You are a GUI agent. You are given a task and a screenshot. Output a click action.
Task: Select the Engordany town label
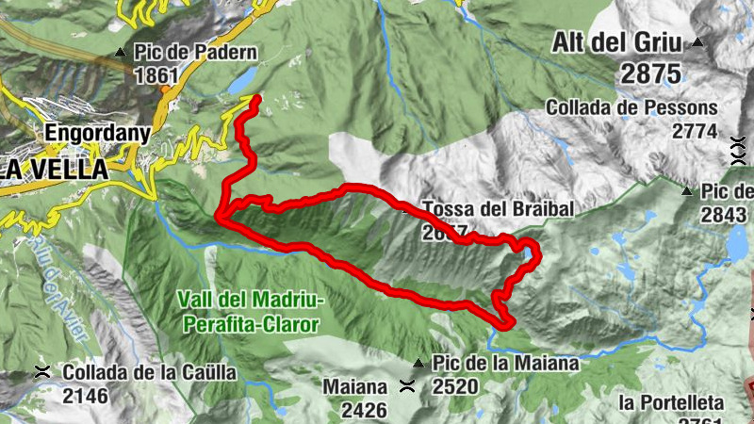point(97,133)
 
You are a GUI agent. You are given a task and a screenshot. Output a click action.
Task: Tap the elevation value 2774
point(696,131)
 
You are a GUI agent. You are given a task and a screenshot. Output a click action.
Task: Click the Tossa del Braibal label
point(499,208)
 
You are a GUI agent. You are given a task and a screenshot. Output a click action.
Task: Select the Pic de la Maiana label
point(504,363)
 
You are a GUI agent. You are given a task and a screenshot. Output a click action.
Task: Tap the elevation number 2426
point(364,409)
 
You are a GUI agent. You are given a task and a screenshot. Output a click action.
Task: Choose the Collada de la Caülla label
point(150,372)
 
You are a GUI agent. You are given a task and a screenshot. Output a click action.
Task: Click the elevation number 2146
point(86,396)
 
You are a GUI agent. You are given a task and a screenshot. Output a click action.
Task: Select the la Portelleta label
point(671,403)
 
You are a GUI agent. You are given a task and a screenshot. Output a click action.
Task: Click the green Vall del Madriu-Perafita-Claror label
point(250,312)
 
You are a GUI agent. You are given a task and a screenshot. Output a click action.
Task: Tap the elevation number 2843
point(723,215)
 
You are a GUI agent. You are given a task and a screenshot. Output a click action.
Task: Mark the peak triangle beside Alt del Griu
point(697,41)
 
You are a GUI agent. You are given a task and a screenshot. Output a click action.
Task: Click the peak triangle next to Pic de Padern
point(121,53)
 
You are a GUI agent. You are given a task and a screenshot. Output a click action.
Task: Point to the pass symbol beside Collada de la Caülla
point(42,372)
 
